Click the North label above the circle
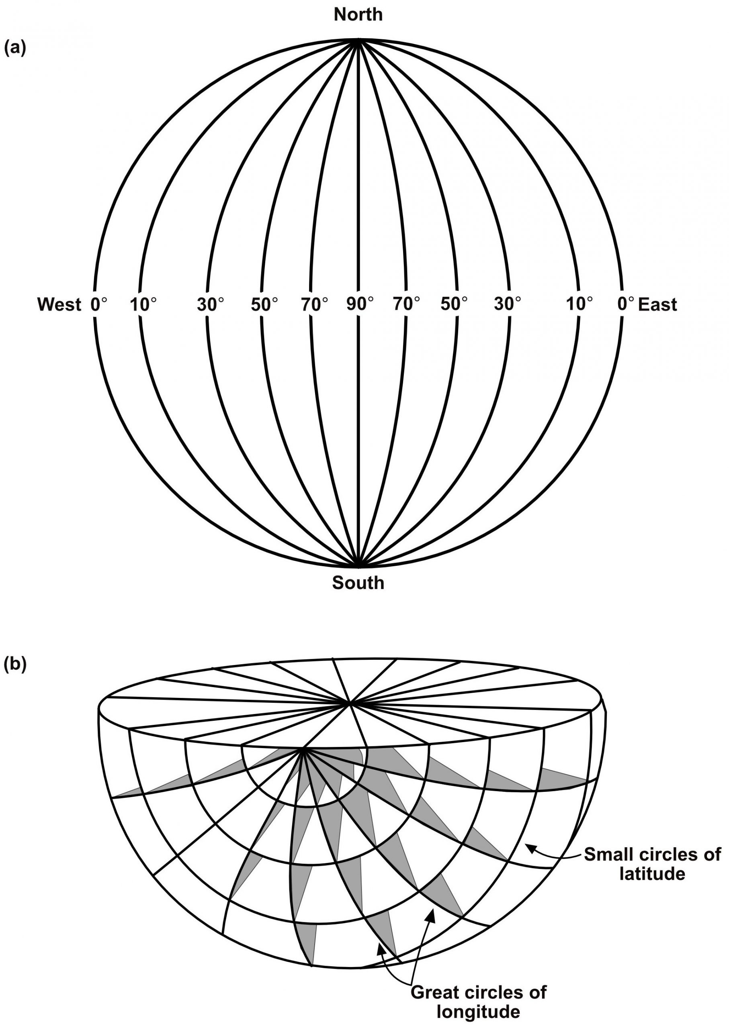[x=358, y=15]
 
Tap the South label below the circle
[x=358, y=583]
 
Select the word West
[x=59, y=304]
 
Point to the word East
[x=657, y=304]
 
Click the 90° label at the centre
[x=360, y=304]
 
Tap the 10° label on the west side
[x=143, y=304]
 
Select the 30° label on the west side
[x=211, y=304]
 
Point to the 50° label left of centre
[x=264, y=304]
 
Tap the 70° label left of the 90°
[x=314, y=304]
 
